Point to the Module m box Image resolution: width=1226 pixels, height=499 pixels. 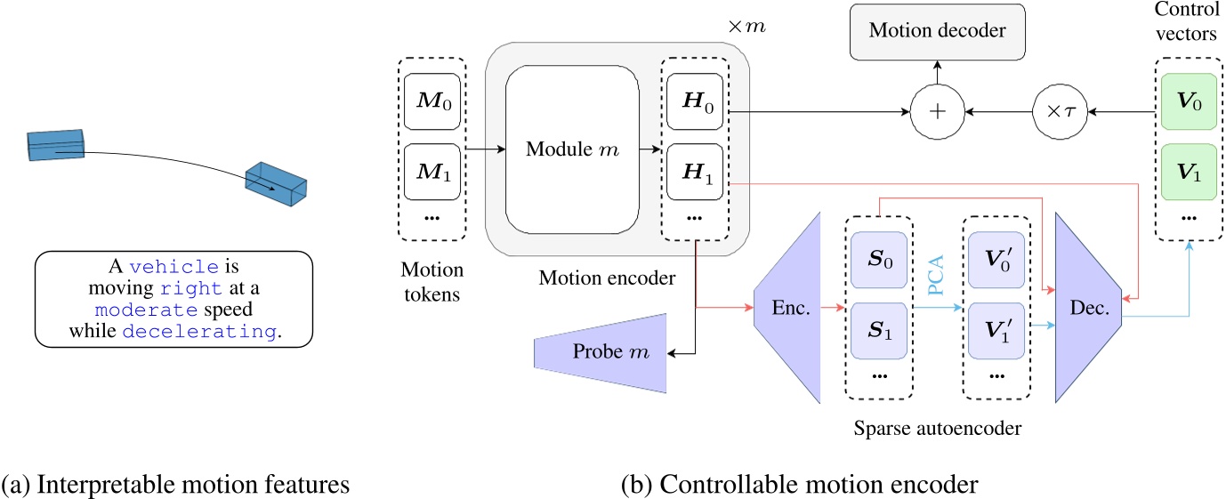point(572,149)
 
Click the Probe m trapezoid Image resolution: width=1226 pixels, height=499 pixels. point(600,354)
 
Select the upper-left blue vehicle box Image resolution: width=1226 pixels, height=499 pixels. point(55,145)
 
